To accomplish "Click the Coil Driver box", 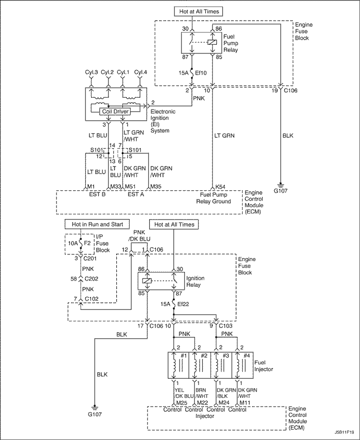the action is pyautogui.click(x=115, y=112).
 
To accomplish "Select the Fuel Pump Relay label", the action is pyautogui.click(x=231, y=43).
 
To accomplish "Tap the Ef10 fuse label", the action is pyautogui.click(x=200, y=73).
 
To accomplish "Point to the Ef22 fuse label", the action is pyautogui.click(x=183, y=304).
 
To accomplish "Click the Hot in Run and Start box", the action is pyautogui.click(x=97, y=224).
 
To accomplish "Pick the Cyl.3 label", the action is pyautogui.click(x=91, y=72).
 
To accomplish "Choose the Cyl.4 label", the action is pyautogui.click(x=140, y=72).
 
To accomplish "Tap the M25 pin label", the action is pyautogui.click(x=182, y=402).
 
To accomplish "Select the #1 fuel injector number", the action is pyautogui.click(x=184, y=356).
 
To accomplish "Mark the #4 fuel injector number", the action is pyautogui.click(x=246, y=356).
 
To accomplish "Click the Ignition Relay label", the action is pyautogui.click(x=195, y=282).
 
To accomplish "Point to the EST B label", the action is pyautogui.click(x=97, y=194).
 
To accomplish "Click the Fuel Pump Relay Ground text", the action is pyautogui.click(x=213, y=198).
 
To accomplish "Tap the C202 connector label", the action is pyautogui.click(x=91, y=279).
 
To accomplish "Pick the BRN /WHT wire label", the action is pyautogui.click(x=202, y=393).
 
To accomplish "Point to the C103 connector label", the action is pyautogui.click(x=225, y=326).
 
